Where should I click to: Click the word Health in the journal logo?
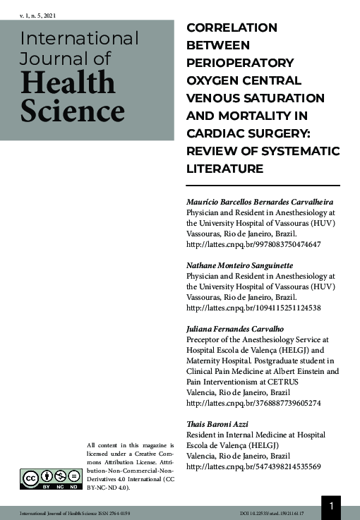tap(68, 83)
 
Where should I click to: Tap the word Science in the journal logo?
tap(72, 111)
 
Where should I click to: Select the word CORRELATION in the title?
tap(232, 28)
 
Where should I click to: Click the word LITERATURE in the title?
tap(224, 169)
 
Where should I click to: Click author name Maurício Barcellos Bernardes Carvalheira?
tap(259, 201)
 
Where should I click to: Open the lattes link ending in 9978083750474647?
tap(253, 244)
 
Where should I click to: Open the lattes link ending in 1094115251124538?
tap(253, 308)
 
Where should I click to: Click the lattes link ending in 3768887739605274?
tap(253, 403)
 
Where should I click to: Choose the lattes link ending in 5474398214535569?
tap(253, 466)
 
